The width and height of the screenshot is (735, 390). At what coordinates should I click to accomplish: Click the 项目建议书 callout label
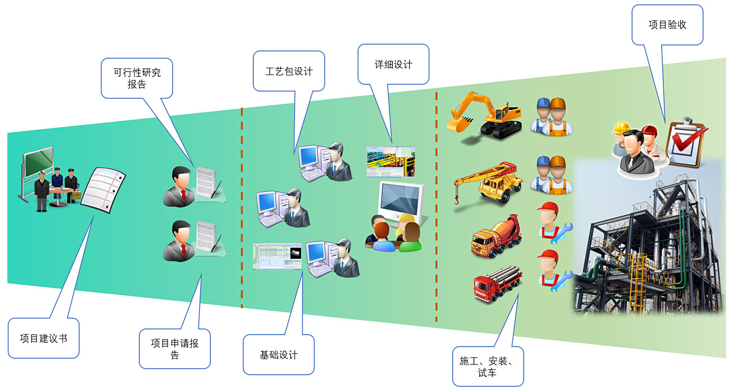pos(43,338)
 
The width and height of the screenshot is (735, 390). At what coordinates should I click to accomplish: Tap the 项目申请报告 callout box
pos(174,349)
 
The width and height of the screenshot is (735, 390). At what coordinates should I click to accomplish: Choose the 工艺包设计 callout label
pos(289,71)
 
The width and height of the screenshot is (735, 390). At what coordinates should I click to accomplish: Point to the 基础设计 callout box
pos(278,355)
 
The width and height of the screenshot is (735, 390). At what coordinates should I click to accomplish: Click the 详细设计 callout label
pos(393,64)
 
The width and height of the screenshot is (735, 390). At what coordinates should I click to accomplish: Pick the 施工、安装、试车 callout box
pos(488,367)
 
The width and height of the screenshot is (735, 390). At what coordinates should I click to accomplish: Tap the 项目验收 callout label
pos(667,25)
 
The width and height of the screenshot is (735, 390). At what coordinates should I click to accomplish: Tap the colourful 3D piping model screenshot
pos(391,161)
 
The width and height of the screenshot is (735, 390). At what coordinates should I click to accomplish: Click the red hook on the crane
pos(456,199)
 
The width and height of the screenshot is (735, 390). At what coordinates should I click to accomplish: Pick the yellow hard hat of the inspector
pos(621,127)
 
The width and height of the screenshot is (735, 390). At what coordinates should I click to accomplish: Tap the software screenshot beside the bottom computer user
pos(277,256)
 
